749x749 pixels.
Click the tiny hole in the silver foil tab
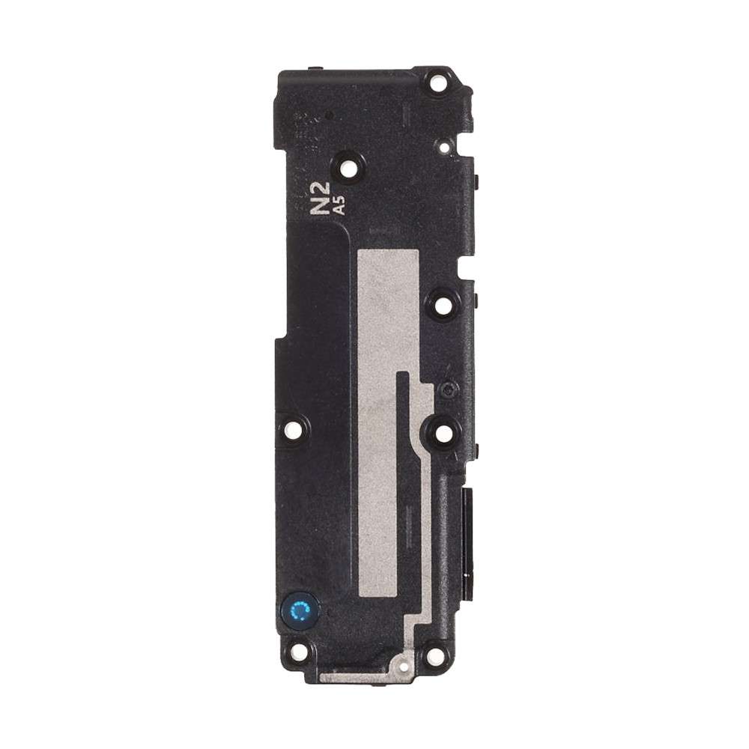(x=402, y=664)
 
